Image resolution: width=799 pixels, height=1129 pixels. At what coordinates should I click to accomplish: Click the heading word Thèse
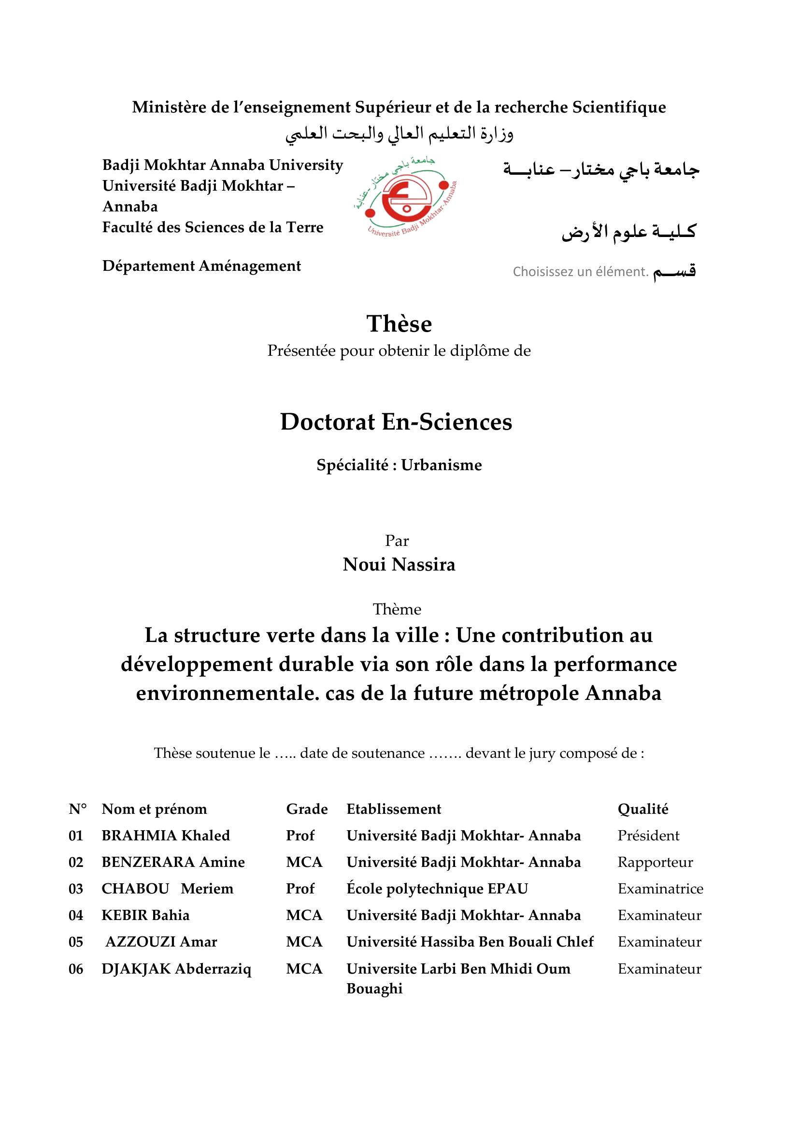(399, 324)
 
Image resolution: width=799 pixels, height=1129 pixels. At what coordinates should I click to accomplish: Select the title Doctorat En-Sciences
(396, 422)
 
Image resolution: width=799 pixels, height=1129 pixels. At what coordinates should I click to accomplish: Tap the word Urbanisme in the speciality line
(442, 465)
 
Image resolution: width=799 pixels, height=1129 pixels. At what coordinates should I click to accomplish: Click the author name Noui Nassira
(399, 565)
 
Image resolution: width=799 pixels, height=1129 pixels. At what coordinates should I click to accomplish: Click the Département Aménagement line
(202, 266)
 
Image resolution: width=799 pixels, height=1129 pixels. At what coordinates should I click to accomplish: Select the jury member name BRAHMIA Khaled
(166, 836)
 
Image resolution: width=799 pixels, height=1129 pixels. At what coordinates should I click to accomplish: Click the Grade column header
(307, 809)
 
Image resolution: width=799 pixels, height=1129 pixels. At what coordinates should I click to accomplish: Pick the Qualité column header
(643, 809)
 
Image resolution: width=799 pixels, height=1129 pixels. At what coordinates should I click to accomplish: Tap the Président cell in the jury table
(648, 836)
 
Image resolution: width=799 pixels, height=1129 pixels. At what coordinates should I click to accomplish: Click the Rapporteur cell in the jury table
(656, 862)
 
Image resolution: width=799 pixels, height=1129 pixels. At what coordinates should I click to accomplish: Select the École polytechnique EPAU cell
(437, 889)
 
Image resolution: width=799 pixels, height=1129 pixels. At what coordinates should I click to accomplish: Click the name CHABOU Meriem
(167, 889)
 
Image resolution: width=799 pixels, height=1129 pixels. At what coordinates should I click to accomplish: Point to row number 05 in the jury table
(76, 942)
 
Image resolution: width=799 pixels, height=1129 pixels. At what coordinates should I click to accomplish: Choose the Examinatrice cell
(660, 889)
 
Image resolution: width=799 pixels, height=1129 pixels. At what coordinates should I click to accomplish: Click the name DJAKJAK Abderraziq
(176, 969)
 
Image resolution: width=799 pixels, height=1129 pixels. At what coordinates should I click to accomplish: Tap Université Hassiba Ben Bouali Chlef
(470, 942)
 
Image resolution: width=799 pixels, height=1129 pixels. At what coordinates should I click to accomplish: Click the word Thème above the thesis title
(397, 610)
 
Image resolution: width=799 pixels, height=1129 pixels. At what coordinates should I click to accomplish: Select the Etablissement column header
(394, 809)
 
